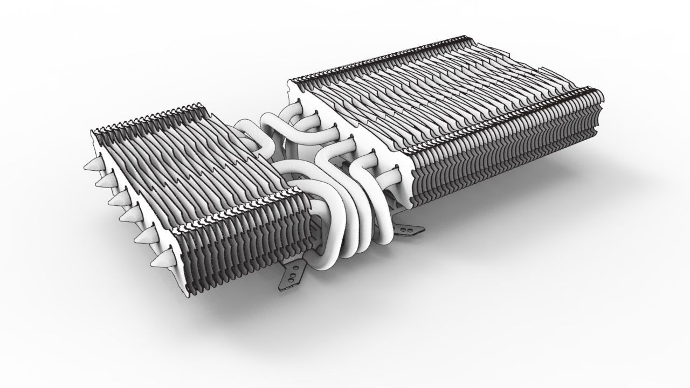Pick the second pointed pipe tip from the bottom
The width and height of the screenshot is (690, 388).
142,237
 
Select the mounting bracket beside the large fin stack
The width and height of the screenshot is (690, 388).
410,230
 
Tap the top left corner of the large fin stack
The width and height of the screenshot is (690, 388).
292,81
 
